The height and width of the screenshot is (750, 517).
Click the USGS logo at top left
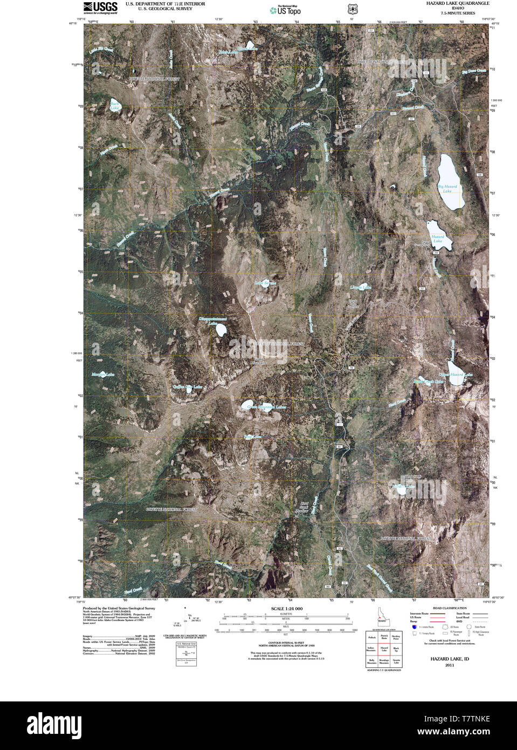click(x=100, y=7)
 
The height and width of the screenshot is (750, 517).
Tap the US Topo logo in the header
click(x=286, y=10)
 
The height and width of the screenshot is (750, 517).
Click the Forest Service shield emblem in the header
click(x=352, y=9)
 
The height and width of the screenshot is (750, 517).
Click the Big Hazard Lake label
click(x=447, y=189)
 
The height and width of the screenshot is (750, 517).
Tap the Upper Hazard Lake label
click(x=456, y=374)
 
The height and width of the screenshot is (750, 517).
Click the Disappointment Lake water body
click(x=221, y=329)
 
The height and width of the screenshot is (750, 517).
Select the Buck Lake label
click(x=114, y=106)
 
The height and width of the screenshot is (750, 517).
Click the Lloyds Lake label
click(x=361, y=287)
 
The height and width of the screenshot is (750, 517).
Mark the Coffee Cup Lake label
click(x=187, y=387)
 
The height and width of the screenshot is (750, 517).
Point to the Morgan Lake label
click(x=102, y=374)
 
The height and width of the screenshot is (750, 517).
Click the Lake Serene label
click(x=265, y=283)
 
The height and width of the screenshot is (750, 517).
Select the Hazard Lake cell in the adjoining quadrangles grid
click(x=384, y=649)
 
